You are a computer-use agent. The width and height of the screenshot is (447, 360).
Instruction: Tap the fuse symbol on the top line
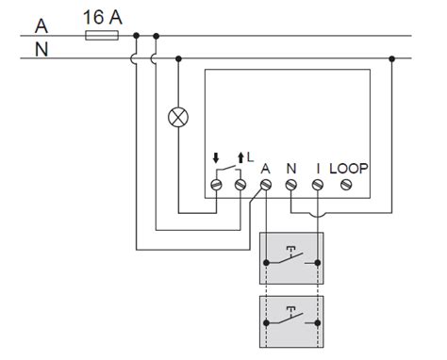101,36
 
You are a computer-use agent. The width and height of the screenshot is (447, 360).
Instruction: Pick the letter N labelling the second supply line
40,49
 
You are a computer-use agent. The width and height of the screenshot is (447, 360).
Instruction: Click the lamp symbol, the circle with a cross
177,117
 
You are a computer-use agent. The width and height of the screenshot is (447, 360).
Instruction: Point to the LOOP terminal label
349,169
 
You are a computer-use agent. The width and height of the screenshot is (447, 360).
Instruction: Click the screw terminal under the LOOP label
345,187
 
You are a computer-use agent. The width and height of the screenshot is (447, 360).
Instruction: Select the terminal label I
318,169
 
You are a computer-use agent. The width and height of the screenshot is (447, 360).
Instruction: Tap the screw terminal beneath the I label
318,187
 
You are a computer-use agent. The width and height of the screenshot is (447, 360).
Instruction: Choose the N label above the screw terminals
291,169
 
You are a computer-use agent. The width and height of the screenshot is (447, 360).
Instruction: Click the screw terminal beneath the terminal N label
291,187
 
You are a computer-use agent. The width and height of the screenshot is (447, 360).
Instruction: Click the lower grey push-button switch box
291,320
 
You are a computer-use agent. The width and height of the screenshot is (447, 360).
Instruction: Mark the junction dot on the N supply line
392,57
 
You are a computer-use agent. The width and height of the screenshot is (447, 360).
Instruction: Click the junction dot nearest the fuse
137,36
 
